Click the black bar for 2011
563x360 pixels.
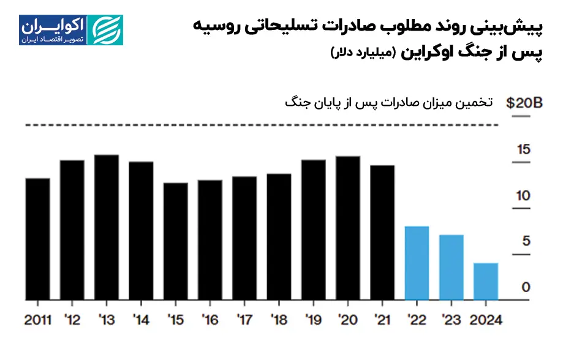coord(37,239)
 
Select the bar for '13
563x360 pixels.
coord(107,227)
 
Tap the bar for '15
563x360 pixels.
coord(175,241)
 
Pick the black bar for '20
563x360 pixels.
coord(348,228)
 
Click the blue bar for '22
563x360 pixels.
coord(417,263)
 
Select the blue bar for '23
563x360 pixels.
coord(452,268)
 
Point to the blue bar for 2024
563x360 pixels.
coord(486,282)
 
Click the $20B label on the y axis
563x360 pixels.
coord(524,103)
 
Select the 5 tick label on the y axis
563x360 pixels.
coord(526,241)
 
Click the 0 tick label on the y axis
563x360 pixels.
coord(526,287)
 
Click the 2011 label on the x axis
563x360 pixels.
coord(38,320)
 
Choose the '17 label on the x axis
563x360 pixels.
coord(244,320)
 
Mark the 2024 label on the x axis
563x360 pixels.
coord(485,320)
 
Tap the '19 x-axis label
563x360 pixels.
coord(314,320)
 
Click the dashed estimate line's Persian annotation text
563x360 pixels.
coord(388,102)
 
